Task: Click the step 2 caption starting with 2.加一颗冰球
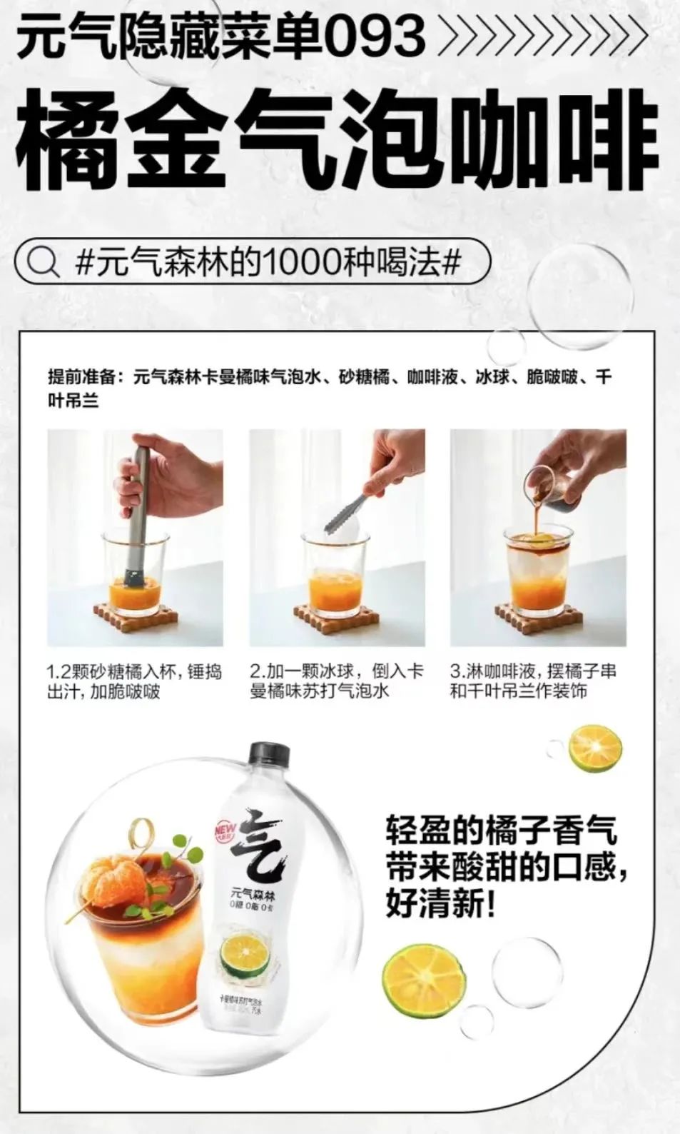pos(337,681)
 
